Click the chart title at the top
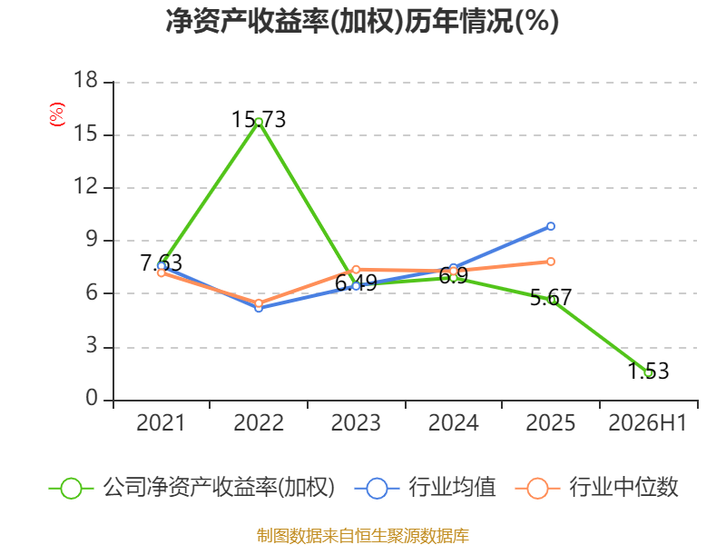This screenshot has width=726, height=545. pyautogui.click(x=362, y=21)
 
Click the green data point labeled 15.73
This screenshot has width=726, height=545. pyautogui.click(x=259, y=122)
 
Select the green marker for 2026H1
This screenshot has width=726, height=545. pyautogui.click(x=648, y=372)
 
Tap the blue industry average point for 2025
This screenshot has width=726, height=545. pyautogui.click(x=551, y=226)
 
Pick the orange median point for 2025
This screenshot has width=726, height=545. pyautogui.click(x=551, y=262)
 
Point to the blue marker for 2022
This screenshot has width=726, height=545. pyautogui.click(x=259, y=308)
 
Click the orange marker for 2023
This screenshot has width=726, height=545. pyautogui.click(x=356, y=270)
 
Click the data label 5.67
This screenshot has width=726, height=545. pyautogui.click(x=551, y=297)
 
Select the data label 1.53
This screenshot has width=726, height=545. pyautogui.click(x=648, y=371)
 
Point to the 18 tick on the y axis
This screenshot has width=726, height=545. pyautogui.click(x=86, y=80)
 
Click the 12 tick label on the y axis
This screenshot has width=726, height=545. pyautogui.click(x=86, y=186)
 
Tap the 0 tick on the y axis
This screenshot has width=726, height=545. pyautogui.click(x=92, y=398)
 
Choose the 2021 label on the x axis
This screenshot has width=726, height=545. pyautogui.click(x=161, y=422)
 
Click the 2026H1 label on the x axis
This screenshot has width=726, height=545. pyautogui.click(x=647, y=422)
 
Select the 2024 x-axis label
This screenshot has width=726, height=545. pyautogui.click(x=453, y=422)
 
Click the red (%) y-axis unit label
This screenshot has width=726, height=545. pyautogui.click(x=57, y=114)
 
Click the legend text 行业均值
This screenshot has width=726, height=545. pyautogui.click(x=452, y=488)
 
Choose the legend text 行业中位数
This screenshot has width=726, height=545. pyautogui.click(x=623, y=488)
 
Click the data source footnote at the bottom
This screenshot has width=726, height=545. pyautogui.click(x=363, y=536)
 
